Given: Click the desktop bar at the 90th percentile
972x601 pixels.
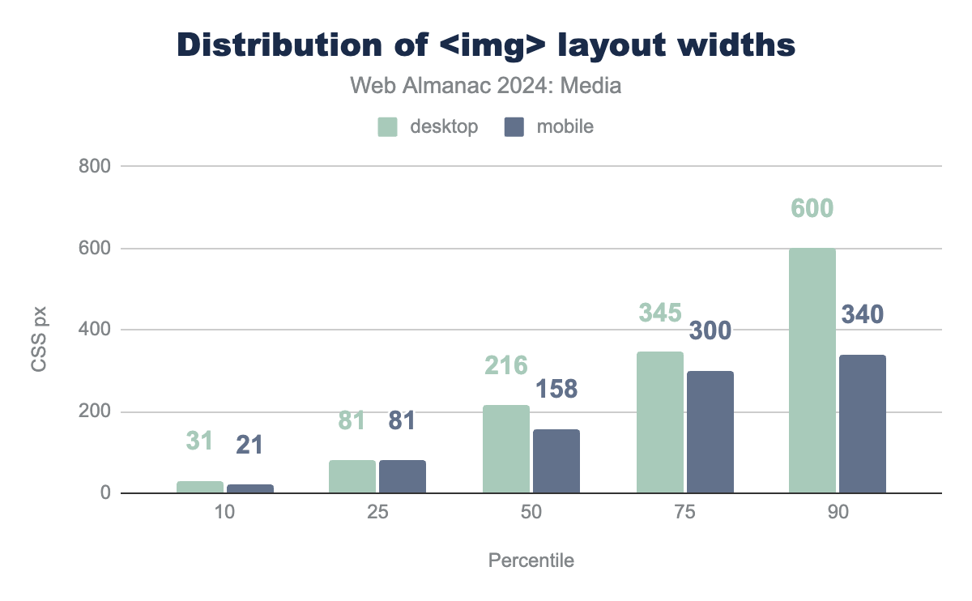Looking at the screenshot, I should point(812,371).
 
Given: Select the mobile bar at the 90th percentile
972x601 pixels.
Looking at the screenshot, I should point(863,424).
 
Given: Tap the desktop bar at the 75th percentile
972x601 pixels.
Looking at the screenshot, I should point(659,422).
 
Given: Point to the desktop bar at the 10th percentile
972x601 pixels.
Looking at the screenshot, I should point(199,487).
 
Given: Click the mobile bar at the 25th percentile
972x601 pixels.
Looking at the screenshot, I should point(402,476).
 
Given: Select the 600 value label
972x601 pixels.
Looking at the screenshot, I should point(812,208).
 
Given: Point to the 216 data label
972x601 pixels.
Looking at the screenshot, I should point(506,365).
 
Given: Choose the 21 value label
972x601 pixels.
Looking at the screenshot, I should point(249,444).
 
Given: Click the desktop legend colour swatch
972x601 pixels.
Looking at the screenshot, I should point(388,127).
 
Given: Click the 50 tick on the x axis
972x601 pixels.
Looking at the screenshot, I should point(531,515).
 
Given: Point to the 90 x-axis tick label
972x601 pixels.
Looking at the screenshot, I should point(838,515).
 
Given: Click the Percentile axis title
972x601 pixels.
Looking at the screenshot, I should point(531,561).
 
